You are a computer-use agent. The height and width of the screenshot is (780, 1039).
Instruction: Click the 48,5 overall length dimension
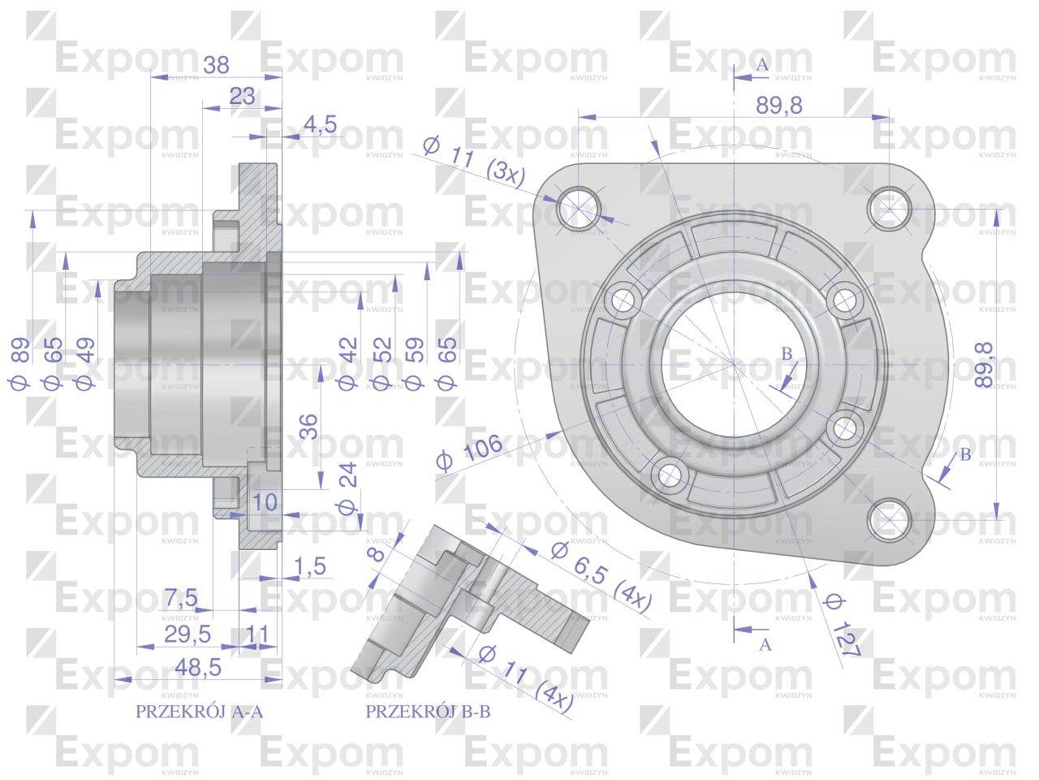(198, 668)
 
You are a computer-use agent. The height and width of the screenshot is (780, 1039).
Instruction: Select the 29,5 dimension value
(188, 635)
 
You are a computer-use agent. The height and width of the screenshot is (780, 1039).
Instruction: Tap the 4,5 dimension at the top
(321, 125)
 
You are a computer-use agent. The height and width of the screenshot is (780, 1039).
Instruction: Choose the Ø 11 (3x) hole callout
(474, 161)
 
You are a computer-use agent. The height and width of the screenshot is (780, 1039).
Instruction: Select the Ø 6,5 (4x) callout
(601, 577)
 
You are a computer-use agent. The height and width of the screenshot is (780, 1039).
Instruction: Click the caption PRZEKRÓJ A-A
(200, 712)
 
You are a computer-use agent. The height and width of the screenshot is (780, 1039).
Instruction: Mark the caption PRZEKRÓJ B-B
(428, 712)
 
